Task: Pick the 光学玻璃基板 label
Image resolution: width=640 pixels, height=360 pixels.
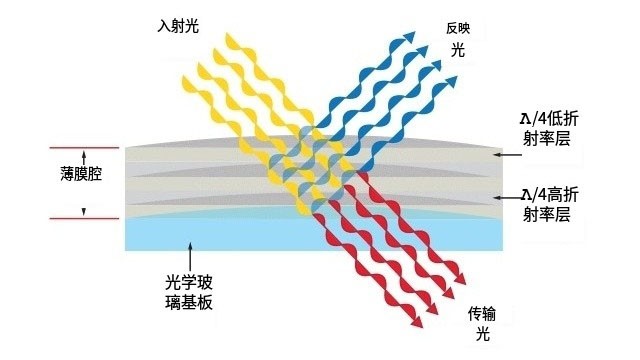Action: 189,288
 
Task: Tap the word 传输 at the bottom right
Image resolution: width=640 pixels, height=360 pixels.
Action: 481,314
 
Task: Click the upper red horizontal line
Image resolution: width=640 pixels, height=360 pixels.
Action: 84,149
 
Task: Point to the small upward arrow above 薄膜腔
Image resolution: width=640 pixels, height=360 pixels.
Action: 84,158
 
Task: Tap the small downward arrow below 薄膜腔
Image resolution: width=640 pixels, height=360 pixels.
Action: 84,209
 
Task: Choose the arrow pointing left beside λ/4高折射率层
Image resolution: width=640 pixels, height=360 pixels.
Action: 498,200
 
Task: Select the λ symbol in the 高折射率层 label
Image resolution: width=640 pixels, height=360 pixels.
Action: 526,192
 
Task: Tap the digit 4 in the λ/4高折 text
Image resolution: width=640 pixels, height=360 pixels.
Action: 544,192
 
